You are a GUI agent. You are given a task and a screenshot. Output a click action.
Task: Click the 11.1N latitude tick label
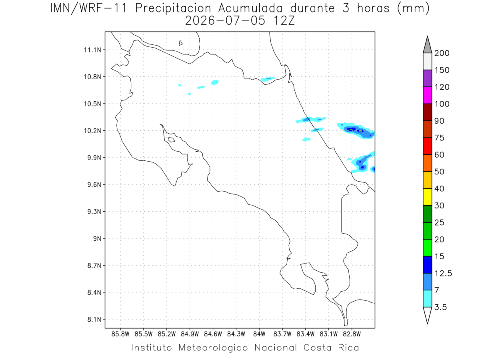[x=92, y=50]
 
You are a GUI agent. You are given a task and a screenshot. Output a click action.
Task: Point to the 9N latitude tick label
[x=97, y=238]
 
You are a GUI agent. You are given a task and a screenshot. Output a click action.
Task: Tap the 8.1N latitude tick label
[x=94, y=319]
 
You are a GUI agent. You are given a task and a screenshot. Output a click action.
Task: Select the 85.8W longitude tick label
[x=120, y=334]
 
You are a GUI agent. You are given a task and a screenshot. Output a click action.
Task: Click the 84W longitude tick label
[x=259, y=334]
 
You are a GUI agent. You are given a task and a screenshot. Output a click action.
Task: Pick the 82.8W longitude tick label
[x=352, y=334]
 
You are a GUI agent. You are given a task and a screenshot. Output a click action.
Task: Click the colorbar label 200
[x=442, y=53]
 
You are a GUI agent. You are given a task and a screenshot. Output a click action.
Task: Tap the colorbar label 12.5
[x=443, y=274]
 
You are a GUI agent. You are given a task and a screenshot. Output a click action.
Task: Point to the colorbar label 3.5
[x=440, y=307]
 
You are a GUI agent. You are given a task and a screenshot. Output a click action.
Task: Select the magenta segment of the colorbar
[x=427, y=95]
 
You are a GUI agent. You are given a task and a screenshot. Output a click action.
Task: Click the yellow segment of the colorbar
[x=427, y=197]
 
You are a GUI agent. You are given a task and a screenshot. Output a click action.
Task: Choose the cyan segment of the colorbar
[x=427, y=298]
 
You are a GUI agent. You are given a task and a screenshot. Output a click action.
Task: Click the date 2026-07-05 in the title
[x=225, y=21]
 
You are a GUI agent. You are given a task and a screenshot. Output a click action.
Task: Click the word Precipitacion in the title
[x=173, y=8]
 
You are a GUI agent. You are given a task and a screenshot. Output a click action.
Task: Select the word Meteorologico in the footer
[x=213, y=348]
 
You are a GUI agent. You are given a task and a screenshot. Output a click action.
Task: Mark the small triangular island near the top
[x=180, y=43]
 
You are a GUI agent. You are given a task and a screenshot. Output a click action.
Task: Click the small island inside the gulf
[x=172, y=140]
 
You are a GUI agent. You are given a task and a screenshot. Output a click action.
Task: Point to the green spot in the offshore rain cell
[x=360, y=131]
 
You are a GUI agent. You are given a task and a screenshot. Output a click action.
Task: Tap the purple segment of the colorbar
[x=427, y=78]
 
